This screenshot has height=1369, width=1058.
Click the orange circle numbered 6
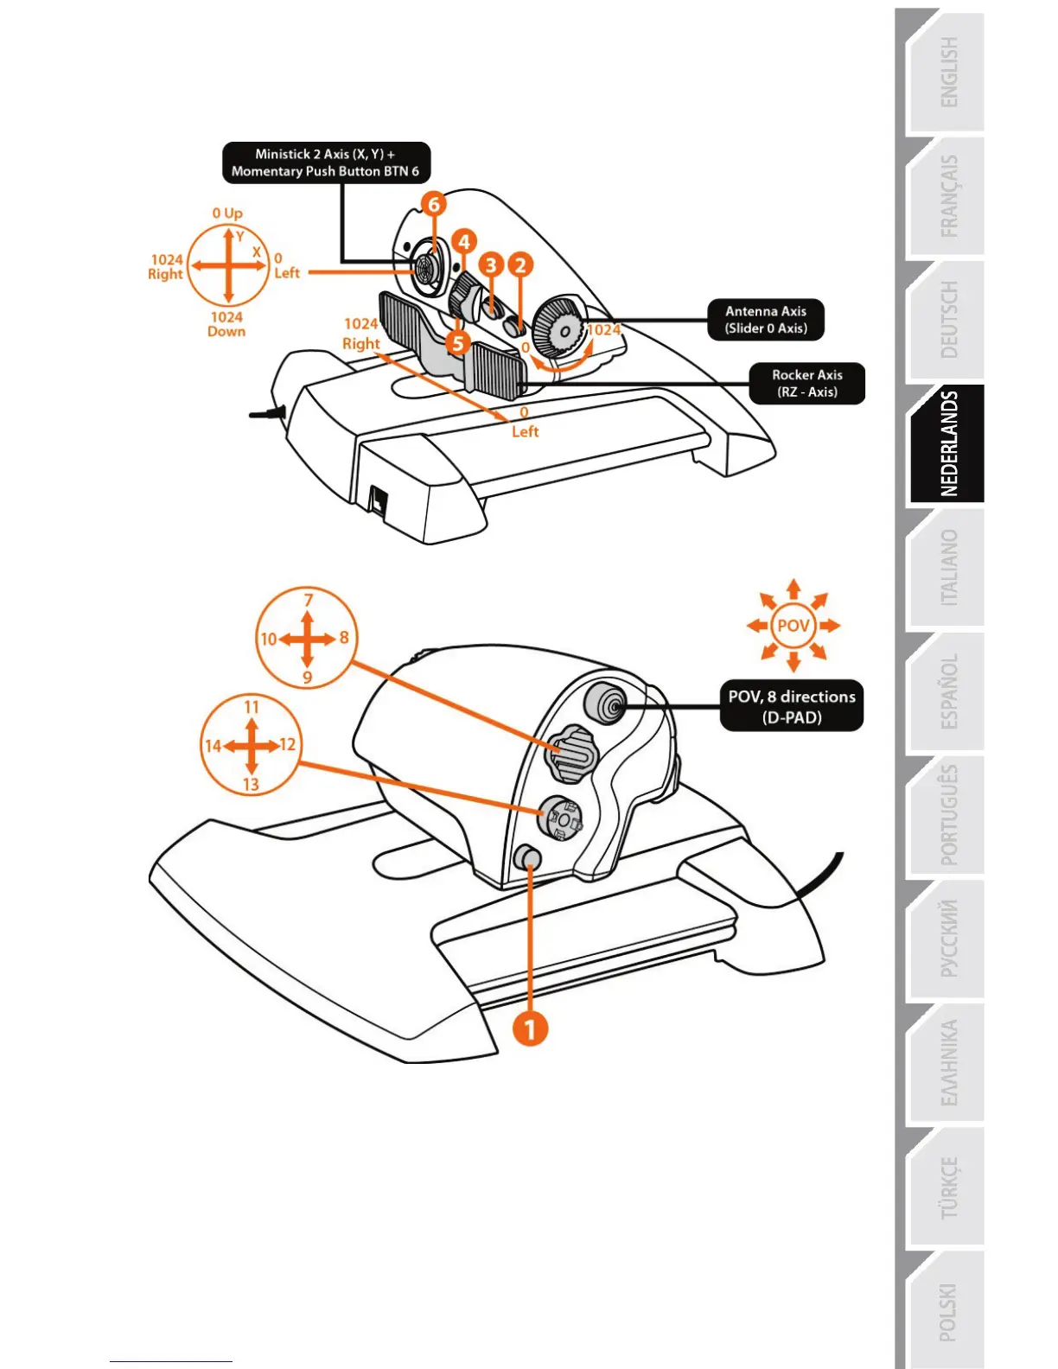434,204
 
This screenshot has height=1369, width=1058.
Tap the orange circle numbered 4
464,241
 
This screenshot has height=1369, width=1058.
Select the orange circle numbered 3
492,264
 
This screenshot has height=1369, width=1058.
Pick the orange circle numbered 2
520,264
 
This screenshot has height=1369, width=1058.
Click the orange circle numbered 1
530,1028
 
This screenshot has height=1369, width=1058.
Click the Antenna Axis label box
765,320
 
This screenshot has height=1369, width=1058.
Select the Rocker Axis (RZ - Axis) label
806,383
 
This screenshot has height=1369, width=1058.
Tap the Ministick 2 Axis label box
326,162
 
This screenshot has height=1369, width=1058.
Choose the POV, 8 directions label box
791,706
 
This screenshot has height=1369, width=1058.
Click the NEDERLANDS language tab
947,443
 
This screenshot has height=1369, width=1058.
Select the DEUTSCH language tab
947,320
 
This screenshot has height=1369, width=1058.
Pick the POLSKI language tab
947,1311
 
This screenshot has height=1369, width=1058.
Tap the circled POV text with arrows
793,625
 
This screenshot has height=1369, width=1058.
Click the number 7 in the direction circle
309,599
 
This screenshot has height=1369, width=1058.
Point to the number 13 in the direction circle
251,784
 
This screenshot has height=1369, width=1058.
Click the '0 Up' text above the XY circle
227,213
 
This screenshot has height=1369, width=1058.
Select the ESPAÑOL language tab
947,691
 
